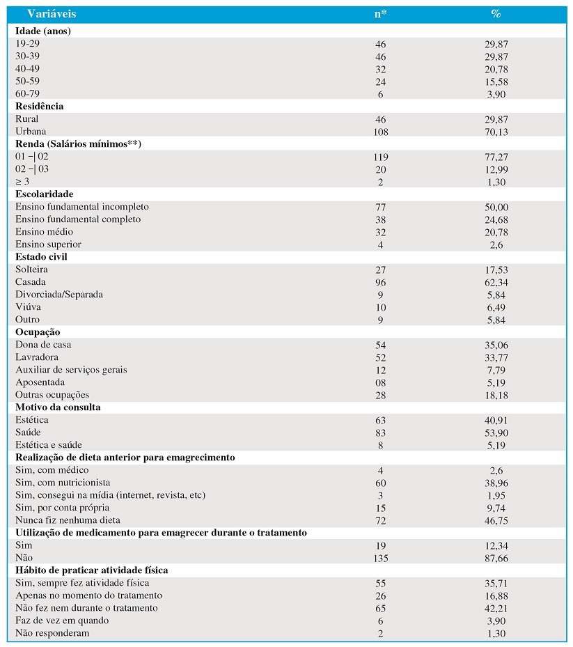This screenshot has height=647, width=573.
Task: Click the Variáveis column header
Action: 52,14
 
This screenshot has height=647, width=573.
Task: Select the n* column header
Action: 380,14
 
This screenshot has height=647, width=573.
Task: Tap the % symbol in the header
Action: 496,14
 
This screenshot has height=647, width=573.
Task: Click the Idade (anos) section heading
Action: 43,31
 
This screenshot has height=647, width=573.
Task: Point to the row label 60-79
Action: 27,93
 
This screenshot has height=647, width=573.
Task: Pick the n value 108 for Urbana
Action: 380,132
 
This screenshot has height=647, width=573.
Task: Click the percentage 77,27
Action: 496,157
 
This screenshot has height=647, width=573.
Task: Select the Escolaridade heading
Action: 44,194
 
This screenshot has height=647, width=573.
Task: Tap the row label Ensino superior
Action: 48,244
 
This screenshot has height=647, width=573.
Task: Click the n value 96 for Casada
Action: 380,283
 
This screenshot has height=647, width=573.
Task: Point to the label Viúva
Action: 28,307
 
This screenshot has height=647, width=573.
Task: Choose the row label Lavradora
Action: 37,357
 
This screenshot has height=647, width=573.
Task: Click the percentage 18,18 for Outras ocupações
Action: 496,396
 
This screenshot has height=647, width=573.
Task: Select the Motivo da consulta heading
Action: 58,407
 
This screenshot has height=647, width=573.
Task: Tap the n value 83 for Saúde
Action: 380,433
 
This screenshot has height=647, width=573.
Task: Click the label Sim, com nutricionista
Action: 63,483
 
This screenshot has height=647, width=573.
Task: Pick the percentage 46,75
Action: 496,521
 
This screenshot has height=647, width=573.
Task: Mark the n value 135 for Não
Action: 380,559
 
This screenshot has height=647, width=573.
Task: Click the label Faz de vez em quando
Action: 62,621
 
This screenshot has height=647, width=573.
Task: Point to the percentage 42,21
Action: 496,609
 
